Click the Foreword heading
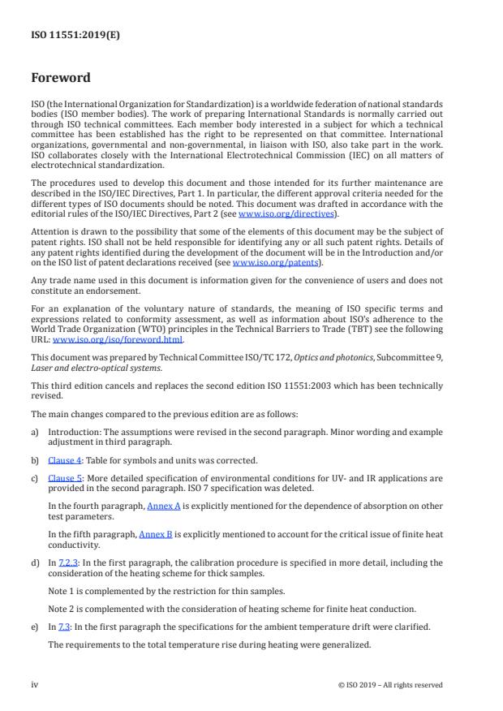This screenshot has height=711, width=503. pos(61,78)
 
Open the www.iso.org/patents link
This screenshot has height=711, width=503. pos(265,263)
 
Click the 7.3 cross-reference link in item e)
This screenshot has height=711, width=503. pos(62,627)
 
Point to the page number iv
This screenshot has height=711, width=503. pos(35,684)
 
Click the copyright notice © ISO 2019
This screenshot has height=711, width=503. pos(389,684)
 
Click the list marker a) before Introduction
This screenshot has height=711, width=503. pos(35,433)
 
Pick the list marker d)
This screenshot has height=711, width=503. pos(35,562)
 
